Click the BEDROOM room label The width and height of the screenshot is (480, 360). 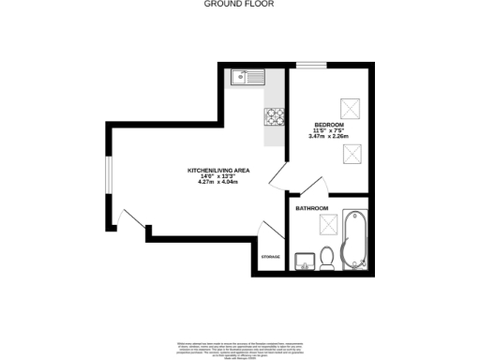pyautogui.click(x=328, y=125)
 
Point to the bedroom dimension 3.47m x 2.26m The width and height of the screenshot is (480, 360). pyautogui.click(x=328, y=137)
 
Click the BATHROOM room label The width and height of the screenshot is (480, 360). pyautogui.click(x=311, y=207)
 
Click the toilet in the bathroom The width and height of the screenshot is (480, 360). pyautogui.click(x=327, y=256)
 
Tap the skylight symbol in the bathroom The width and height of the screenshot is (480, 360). pyautogui.click(x=328, y=224)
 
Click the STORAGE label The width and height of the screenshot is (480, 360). pyautogui.click(x=270, y=256)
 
